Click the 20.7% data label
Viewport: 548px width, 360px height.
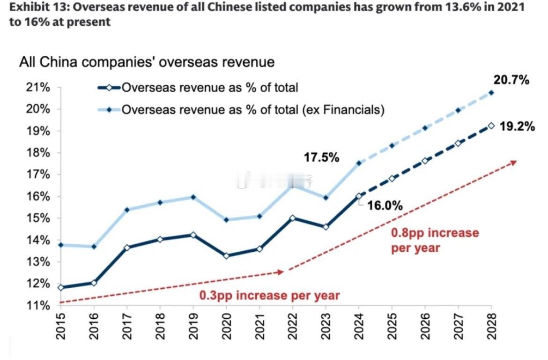tap(511, 80)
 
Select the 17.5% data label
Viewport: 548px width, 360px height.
tap(322, 158)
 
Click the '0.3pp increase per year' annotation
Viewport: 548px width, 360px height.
tap(269, 296)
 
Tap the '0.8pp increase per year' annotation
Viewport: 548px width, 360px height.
tap(435, 240)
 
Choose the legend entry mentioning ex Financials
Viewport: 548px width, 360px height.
tap(253, 110)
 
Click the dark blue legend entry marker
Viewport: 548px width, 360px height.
tap(109, 88)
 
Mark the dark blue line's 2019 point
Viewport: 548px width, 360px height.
tap(193, 235)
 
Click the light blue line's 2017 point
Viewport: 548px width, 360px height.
tap(126, 210)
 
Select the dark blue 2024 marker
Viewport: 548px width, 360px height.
tap(359, 196)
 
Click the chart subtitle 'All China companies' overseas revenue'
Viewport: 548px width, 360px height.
tap(146, 62)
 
